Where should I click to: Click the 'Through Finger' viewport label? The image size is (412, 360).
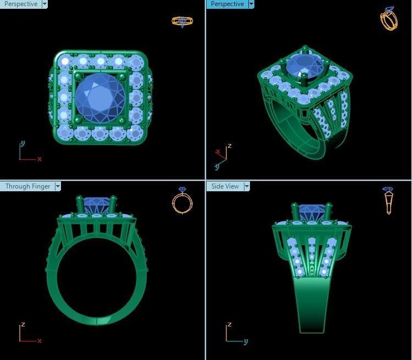27,186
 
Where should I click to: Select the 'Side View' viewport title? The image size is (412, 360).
225,186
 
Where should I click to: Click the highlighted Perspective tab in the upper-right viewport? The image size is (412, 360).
227,4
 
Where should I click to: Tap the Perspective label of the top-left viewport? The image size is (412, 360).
20,4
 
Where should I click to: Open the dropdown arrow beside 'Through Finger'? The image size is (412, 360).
57,186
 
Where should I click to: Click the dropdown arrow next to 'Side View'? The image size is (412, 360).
247,186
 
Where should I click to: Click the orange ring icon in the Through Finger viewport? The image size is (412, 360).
182,201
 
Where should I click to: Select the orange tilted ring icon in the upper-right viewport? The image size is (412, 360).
388,19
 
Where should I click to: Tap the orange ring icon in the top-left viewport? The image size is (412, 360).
182,21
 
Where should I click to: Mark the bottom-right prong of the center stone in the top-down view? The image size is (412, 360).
121,120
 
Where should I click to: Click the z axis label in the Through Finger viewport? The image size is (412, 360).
23,325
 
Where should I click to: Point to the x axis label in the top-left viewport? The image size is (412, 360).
40,159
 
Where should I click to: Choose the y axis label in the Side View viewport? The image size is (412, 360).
246,341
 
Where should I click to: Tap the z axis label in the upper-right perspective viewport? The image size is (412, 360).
229,146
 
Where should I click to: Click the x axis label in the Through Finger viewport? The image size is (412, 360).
40,341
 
